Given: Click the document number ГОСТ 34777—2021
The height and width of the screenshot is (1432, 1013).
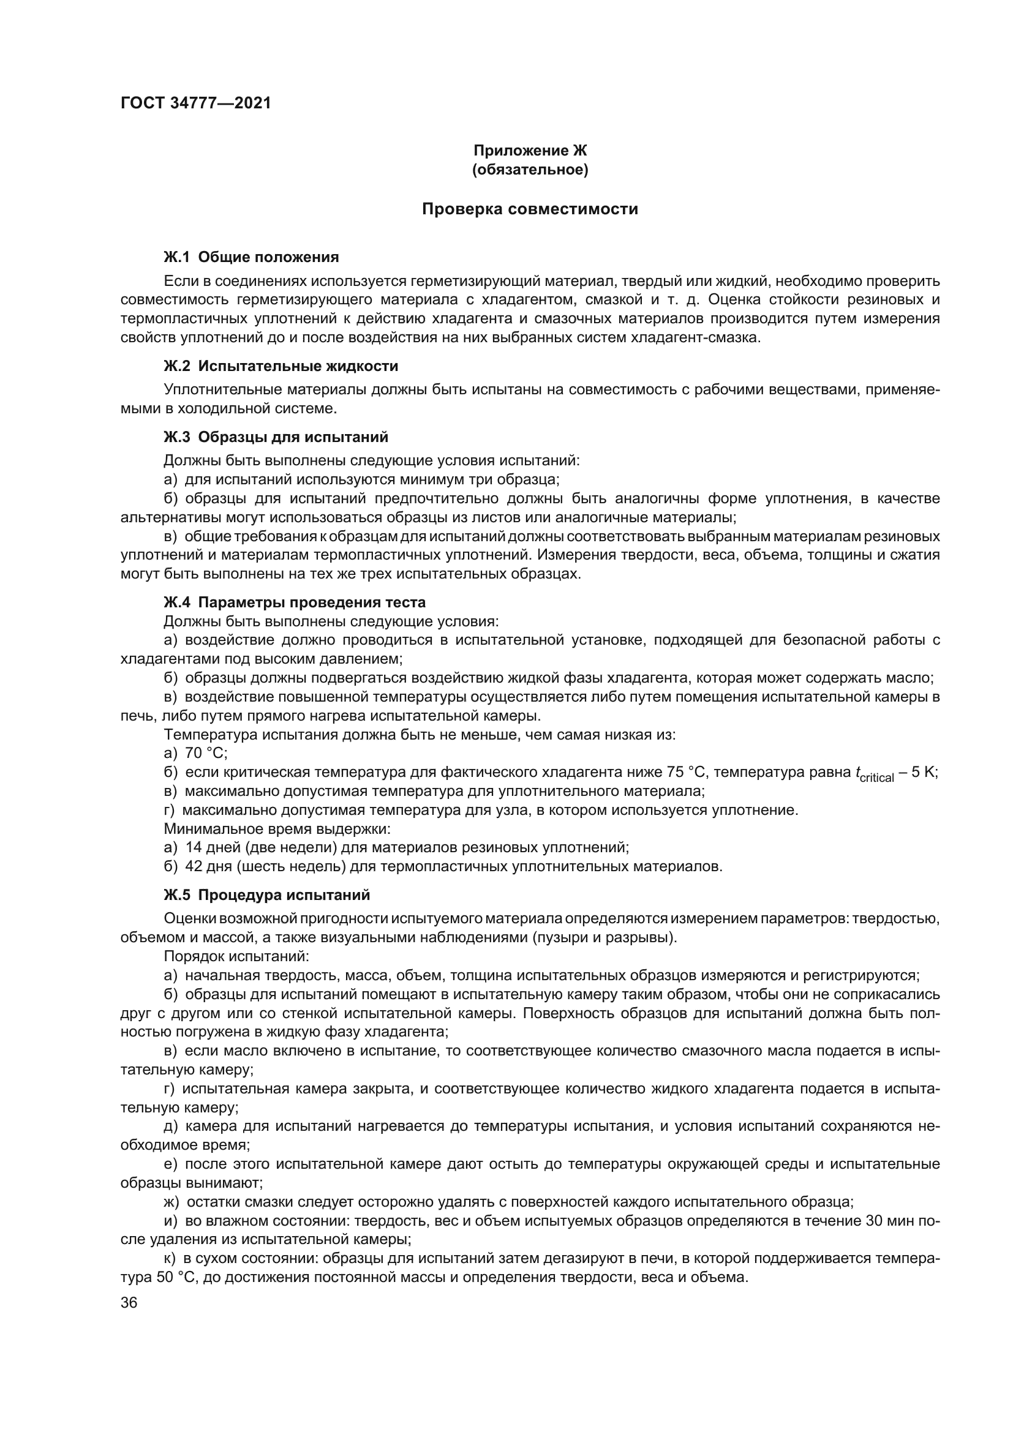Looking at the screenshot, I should pyautogui.click(x=196, y=103).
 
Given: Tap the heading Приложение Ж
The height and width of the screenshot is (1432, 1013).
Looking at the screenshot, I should pyautogui.click(x=530, y=151).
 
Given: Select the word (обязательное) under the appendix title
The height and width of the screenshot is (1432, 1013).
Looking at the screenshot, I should pyautogui.click(x=530, y=170).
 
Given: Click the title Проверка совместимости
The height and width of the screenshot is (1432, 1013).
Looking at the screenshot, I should pyautogui.click(x=530, y=209).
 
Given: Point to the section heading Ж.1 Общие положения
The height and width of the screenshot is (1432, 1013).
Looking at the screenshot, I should pyautogui.click(x=250, y=257).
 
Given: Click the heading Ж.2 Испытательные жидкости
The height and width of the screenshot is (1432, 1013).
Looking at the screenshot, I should pyautogui.click(x=281, y=366).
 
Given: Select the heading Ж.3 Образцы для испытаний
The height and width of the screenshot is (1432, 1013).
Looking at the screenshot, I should pyautogui.click(x=276, y=437).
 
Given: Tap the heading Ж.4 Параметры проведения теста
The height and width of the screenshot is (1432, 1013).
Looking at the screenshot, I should pyautogui.click(x=295, y=602).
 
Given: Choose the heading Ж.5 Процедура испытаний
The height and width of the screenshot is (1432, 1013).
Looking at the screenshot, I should pyautogui.click(x=266, y=895).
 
